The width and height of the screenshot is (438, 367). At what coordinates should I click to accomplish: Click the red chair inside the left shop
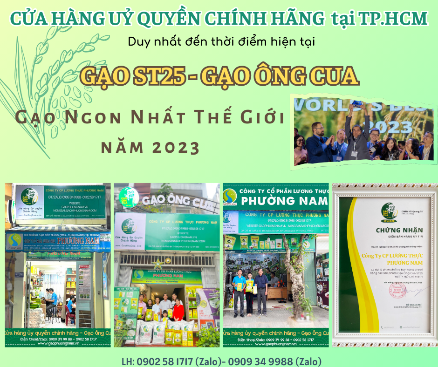click(x=70, y=317)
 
